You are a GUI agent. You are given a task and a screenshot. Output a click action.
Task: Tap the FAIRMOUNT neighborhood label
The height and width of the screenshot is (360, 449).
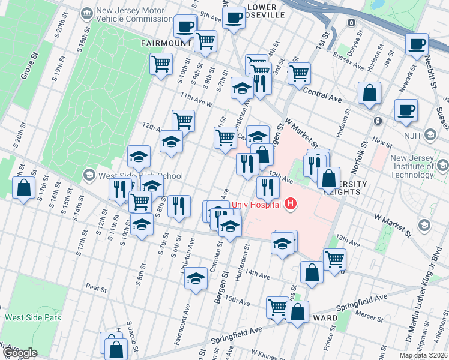[x=166, y=43]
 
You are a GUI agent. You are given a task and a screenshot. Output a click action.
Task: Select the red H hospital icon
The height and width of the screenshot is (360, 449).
[x=291, y=205]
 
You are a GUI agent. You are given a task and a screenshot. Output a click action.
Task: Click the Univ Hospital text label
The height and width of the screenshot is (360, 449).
[x=257, y=205]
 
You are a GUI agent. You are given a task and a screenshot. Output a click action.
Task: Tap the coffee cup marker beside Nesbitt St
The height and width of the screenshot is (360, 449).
[x=417, y=44]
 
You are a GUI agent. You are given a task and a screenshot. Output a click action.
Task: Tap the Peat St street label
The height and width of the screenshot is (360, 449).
[x=96, y=289]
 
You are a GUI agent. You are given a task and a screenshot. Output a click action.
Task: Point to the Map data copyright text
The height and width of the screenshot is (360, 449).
[x=422, y=355]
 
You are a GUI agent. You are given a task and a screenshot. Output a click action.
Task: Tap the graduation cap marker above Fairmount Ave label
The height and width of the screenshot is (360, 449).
[x=195, y=278]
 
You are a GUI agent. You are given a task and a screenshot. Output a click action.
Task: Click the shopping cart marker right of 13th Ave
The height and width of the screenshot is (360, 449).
[x=334, y=259]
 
